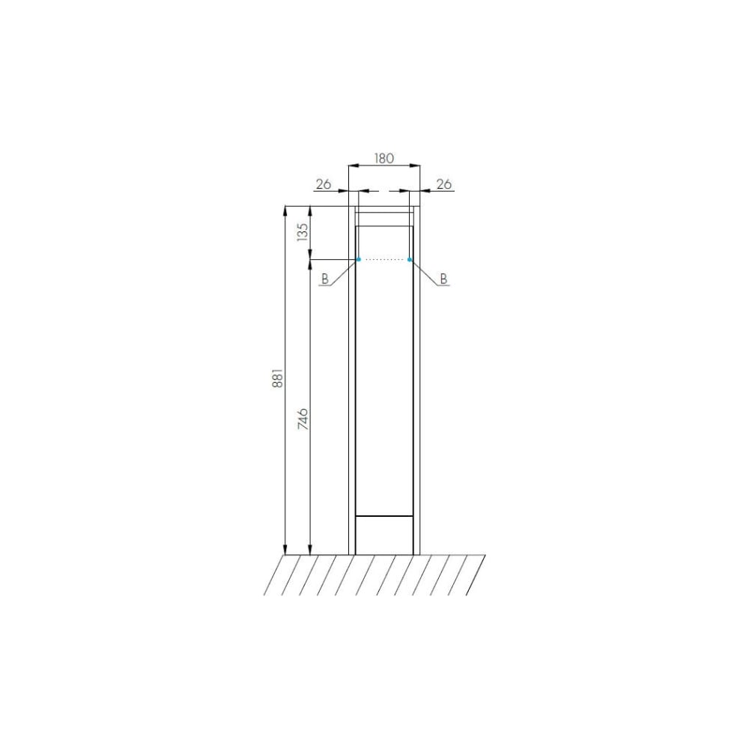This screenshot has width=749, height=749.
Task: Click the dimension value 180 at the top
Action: coord(383,158)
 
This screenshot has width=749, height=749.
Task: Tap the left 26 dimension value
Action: coord(324,184)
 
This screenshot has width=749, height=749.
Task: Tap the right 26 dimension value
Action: coord(444,184)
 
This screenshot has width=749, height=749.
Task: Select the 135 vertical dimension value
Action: coord(303,232)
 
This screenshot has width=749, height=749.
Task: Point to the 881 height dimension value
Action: coord(278,377)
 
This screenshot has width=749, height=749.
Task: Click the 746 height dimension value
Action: coord(303,419)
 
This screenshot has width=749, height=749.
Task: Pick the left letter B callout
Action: coord(325,279)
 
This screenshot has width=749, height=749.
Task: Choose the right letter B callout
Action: coord(443,279)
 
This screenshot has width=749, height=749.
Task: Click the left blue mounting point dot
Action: coord(358,259)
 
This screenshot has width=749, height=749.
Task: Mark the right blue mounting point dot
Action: coord(410,259)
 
